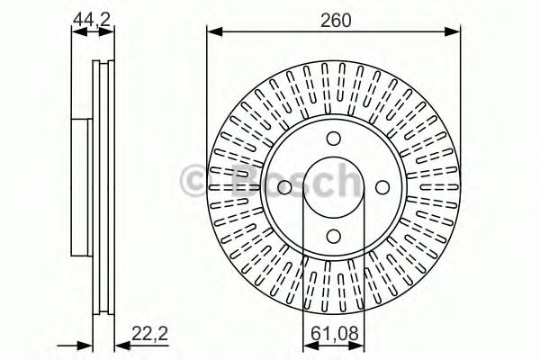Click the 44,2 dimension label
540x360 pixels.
tap(94, 15)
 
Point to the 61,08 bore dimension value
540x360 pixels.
tap(334, 334)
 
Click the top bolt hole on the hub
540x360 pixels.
tap(334, 138)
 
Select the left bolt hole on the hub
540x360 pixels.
tap(285, 186)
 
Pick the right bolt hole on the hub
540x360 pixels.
tap(382, 186)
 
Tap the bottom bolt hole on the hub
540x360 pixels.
tap(334, 235)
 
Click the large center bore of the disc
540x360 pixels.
tap(334, 186)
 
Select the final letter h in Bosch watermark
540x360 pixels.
tap(342, 183)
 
